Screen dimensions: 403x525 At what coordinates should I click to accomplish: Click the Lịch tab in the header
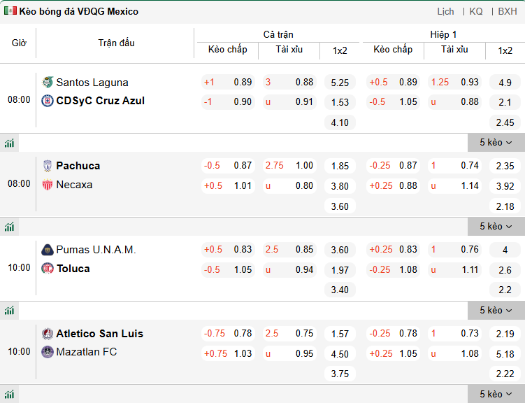click(x=445, y=11)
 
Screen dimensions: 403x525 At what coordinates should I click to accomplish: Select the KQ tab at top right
click(x=476, y=11)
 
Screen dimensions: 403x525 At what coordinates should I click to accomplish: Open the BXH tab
click(x=508, y=11)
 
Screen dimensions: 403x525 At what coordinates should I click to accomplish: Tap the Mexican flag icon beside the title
click(x=10, y=11)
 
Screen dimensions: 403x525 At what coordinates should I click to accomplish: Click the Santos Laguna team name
click(x=92, y=82)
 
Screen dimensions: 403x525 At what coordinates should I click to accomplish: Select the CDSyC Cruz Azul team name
click(x=100, y=101)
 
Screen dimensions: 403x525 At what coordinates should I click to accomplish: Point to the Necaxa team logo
click(x=48, y=185)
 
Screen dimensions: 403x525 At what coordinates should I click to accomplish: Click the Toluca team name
click(x=73, y=269)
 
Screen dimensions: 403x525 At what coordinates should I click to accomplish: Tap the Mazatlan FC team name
click(x=87, y=352)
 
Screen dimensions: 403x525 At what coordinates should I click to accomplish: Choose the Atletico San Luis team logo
click(x=48, y=334)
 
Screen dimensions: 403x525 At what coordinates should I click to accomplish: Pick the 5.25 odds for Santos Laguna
click(x=340, y=82)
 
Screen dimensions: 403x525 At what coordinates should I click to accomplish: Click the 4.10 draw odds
click(x=340, y=122)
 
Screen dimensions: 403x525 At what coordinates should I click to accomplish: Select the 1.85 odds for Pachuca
click(x=340, y=166)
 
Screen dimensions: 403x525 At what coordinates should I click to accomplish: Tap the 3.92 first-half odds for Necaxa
click(x=505, y=186)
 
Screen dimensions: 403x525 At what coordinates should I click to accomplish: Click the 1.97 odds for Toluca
click(x=340, y=270)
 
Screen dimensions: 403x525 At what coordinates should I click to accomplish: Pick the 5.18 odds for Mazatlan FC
click(x=505, y=354)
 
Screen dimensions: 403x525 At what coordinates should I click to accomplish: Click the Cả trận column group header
click(x=278, y=34)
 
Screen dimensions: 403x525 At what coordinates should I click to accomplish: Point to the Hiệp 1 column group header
click(x=443, y=34)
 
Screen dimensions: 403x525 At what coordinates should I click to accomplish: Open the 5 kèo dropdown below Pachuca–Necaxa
click(x=496, y=226)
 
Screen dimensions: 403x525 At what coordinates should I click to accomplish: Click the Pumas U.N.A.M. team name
click(x=96, y=250)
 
